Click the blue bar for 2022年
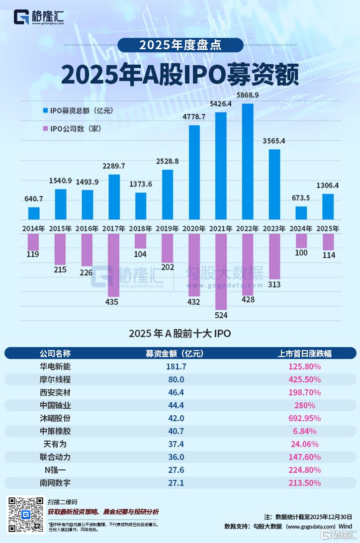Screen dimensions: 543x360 (x=248, y=162)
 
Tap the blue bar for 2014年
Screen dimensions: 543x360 (x=34, y=213)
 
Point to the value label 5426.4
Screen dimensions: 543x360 (x=221, y=104)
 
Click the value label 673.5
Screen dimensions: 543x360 (x=301, y=197)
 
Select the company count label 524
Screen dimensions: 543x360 (x=221, y=315)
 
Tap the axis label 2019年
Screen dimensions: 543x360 (x=167, y=229)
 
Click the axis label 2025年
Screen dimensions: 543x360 (x=328, y=229)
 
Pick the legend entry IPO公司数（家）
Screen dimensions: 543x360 (x=75, y=129)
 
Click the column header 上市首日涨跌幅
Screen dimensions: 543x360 (x=305, y=354)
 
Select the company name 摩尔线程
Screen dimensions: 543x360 (x=55, y=379)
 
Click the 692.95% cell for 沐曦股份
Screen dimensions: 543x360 (x=305, y=418)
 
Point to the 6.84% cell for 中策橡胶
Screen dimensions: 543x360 (x=305, y=431)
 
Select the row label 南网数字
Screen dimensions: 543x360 (x=55, y=483)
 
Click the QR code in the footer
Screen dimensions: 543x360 (x=25, y=514)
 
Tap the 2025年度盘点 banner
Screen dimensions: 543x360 (x=180, y=45)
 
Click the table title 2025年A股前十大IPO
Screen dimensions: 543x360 (x=180, y=333)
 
